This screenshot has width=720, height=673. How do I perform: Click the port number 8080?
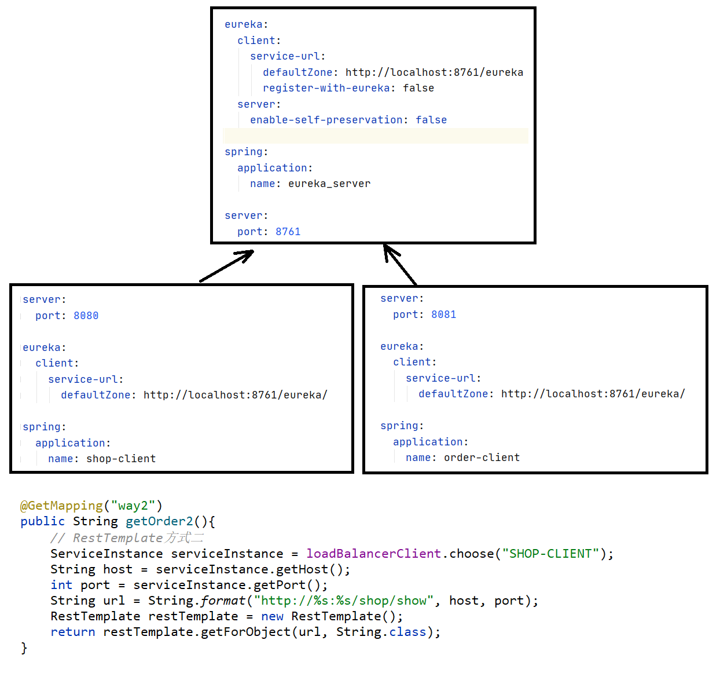(86, 316)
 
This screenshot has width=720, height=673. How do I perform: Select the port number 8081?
(443, 314)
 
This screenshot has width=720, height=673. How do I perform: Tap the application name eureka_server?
(329, 184)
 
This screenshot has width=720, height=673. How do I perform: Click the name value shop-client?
(121, 459)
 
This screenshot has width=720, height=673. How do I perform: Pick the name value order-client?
(482, 458)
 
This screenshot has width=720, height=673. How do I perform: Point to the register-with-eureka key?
(326, 88)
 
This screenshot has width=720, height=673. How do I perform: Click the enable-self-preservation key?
(326, 120)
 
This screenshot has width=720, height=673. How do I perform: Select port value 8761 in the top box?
(288, 232)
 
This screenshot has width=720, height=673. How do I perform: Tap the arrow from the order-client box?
(400, 265)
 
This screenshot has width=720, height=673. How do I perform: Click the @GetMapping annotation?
(61, 506)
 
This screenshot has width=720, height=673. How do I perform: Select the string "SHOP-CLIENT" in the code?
(550, 554)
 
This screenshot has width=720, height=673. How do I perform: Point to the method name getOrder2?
(159, 521)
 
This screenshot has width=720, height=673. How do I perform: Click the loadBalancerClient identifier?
(373, 554)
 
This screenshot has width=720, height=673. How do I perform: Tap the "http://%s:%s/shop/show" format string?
(344, 601)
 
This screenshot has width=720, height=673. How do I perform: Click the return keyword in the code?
(72, 632)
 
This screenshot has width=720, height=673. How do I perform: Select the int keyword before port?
(61, 585)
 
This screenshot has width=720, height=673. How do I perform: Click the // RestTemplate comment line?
(126, 538)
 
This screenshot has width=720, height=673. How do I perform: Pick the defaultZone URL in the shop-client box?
(235, 395)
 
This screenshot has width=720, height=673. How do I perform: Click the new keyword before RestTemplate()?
(272, 616)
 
